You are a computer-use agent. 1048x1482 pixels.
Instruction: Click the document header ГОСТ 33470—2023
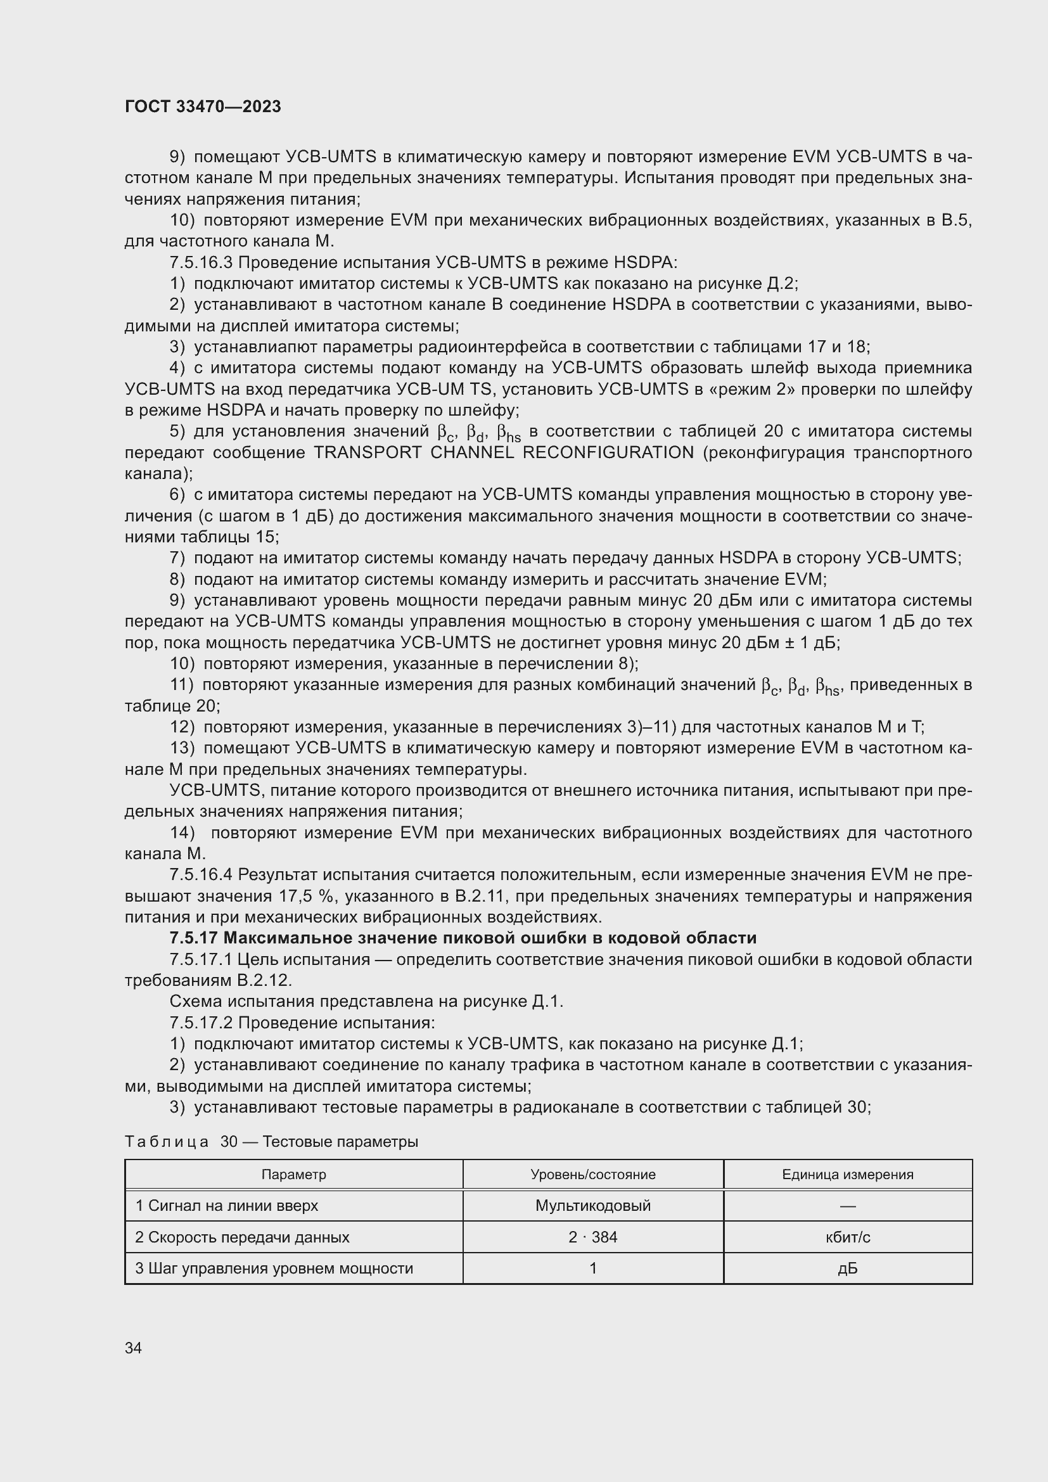203,106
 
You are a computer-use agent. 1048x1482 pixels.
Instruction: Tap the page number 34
133,1348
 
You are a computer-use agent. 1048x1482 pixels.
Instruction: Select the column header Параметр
293,1174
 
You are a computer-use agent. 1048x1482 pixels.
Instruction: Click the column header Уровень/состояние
592,1174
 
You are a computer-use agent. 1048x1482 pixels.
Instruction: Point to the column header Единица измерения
847,1174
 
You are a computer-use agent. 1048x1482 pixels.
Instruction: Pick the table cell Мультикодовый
592,1205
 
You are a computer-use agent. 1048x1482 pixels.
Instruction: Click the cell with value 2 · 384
592,1237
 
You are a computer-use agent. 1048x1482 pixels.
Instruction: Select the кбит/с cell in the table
847,1237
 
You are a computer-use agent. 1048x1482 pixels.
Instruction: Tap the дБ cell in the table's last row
847,1268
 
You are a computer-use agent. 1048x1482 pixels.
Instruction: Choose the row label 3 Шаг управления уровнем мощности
274,1268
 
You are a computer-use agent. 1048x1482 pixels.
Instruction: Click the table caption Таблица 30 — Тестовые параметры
271,1141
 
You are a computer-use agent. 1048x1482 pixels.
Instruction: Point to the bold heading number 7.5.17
193,938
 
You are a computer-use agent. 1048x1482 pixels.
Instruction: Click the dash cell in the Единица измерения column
847,1205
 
